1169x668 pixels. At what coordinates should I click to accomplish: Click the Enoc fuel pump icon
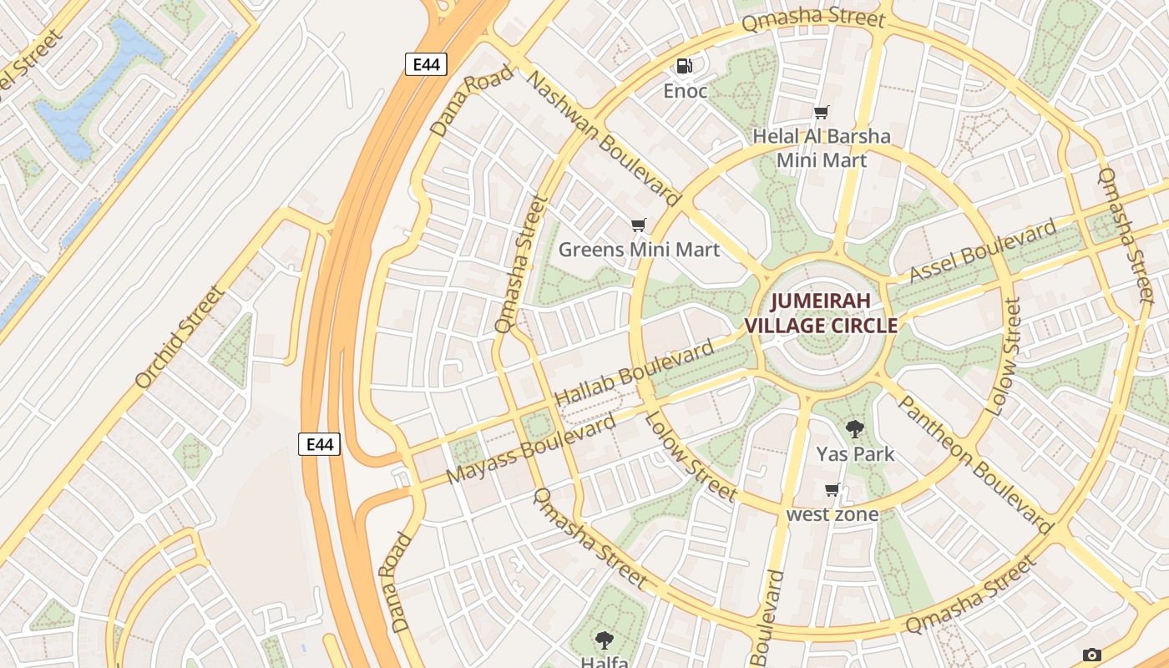(x=684, y=65)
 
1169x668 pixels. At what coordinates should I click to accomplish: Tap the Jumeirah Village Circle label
(x=821, y=313)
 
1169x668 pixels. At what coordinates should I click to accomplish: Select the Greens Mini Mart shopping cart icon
(x=639, y=225)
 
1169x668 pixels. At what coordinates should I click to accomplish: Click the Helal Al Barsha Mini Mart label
(x=822, y=148)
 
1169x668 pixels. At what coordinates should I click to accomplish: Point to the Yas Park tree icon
(x=854, y=429)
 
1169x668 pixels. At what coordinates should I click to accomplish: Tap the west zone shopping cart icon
(x=832, y=489)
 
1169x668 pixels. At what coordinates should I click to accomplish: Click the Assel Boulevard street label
(x=982, y=250)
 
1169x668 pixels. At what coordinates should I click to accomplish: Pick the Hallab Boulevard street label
(x=635, y=373)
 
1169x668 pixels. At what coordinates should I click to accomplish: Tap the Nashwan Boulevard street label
(x=604, y=139)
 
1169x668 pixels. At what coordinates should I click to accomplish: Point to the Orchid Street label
(x=180, y=337)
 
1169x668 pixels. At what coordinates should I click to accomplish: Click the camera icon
(x=1091, y=655)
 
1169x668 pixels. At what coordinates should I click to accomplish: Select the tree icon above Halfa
(x=604, y=640)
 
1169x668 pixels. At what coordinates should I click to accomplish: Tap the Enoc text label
(x=685, y=91)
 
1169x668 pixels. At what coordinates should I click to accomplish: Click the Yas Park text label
(x=855, y=454)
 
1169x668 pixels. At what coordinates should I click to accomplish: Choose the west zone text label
(x=832, y=514)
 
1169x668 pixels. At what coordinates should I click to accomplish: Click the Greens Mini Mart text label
(x=639, y=249)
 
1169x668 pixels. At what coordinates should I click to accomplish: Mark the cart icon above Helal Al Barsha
(x=822, y=112)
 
